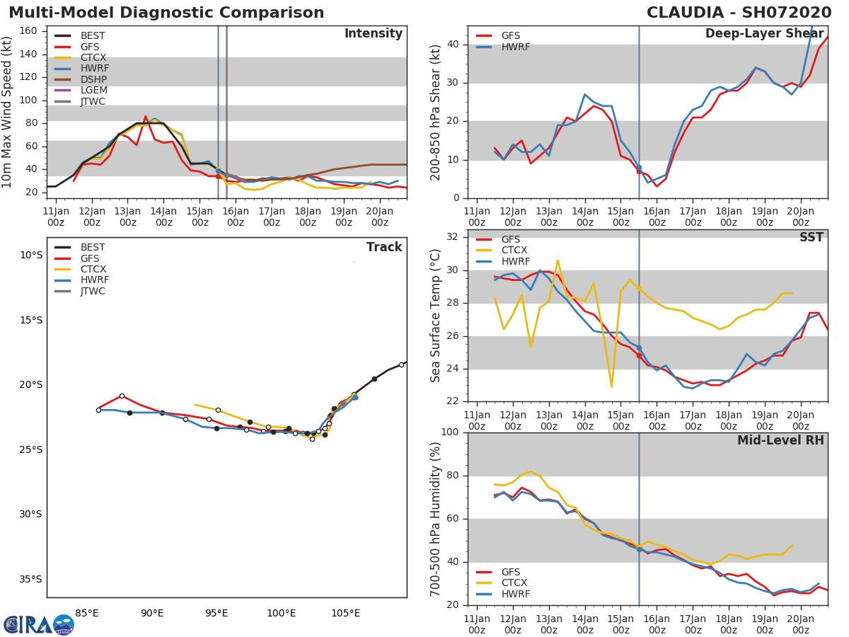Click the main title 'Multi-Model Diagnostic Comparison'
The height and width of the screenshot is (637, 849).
(166, 13)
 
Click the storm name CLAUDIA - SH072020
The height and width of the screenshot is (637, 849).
(740, 13)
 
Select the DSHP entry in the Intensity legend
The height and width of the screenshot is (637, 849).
(93, 79)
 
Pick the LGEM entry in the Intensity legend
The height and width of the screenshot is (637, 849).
(93, 90)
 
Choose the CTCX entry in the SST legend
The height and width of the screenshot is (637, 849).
(515, 251)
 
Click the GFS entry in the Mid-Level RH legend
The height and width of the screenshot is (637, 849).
(510, 572)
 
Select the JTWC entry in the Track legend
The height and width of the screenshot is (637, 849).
(93, 291)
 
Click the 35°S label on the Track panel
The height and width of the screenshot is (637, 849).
(30, 579)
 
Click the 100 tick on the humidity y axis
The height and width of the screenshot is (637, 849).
(449, 432)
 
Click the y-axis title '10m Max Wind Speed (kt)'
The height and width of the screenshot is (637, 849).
(8, 112)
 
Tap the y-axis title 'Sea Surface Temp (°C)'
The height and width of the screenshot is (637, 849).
(437, 316)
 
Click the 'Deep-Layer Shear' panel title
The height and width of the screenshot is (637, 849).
(764, 34)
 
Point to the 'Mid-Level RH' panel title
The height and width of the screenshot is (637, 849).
(780, 440)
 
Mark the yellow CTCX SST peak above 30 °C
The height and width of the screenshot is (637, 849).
(558, 260)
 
